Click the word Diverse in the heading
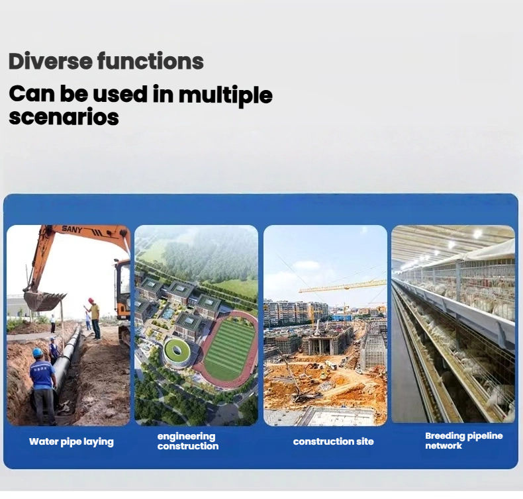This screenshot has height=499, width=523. click(50, 61)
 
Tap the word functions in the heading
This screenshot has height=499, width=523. click(150, 61)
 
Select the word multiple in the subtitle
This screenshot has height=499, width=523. click(226, 95)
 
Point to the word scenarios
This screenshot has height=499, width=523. click(64, 117)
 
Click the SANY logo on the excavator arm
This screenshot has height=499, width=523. click(71, 230)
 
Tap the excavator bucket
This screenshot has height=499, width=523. click(44, 300)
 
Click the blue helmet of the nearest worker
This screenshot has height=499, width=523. click(37, 353)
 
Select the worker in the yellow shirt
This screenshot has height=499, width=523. click(95, 318)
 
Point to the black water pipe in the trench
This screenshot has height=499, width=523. click(67, 360)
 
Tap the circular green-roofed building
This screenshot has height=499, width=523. click(177, 353)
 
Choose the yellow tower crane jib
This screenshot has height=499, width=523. click(342, 287)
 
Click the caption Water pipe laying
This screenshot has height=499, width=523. click(71, 442)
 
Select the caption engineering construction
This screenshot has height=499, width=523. click(188, 441)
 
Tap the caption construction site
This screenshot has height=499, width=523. click(333, 441)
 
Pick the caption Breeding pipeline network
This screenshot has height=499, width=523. click(463, 441)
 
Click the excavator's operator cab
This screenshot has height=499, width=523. click(122, 287)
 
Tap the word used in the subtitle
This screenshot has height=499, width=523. click(120, 94)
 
